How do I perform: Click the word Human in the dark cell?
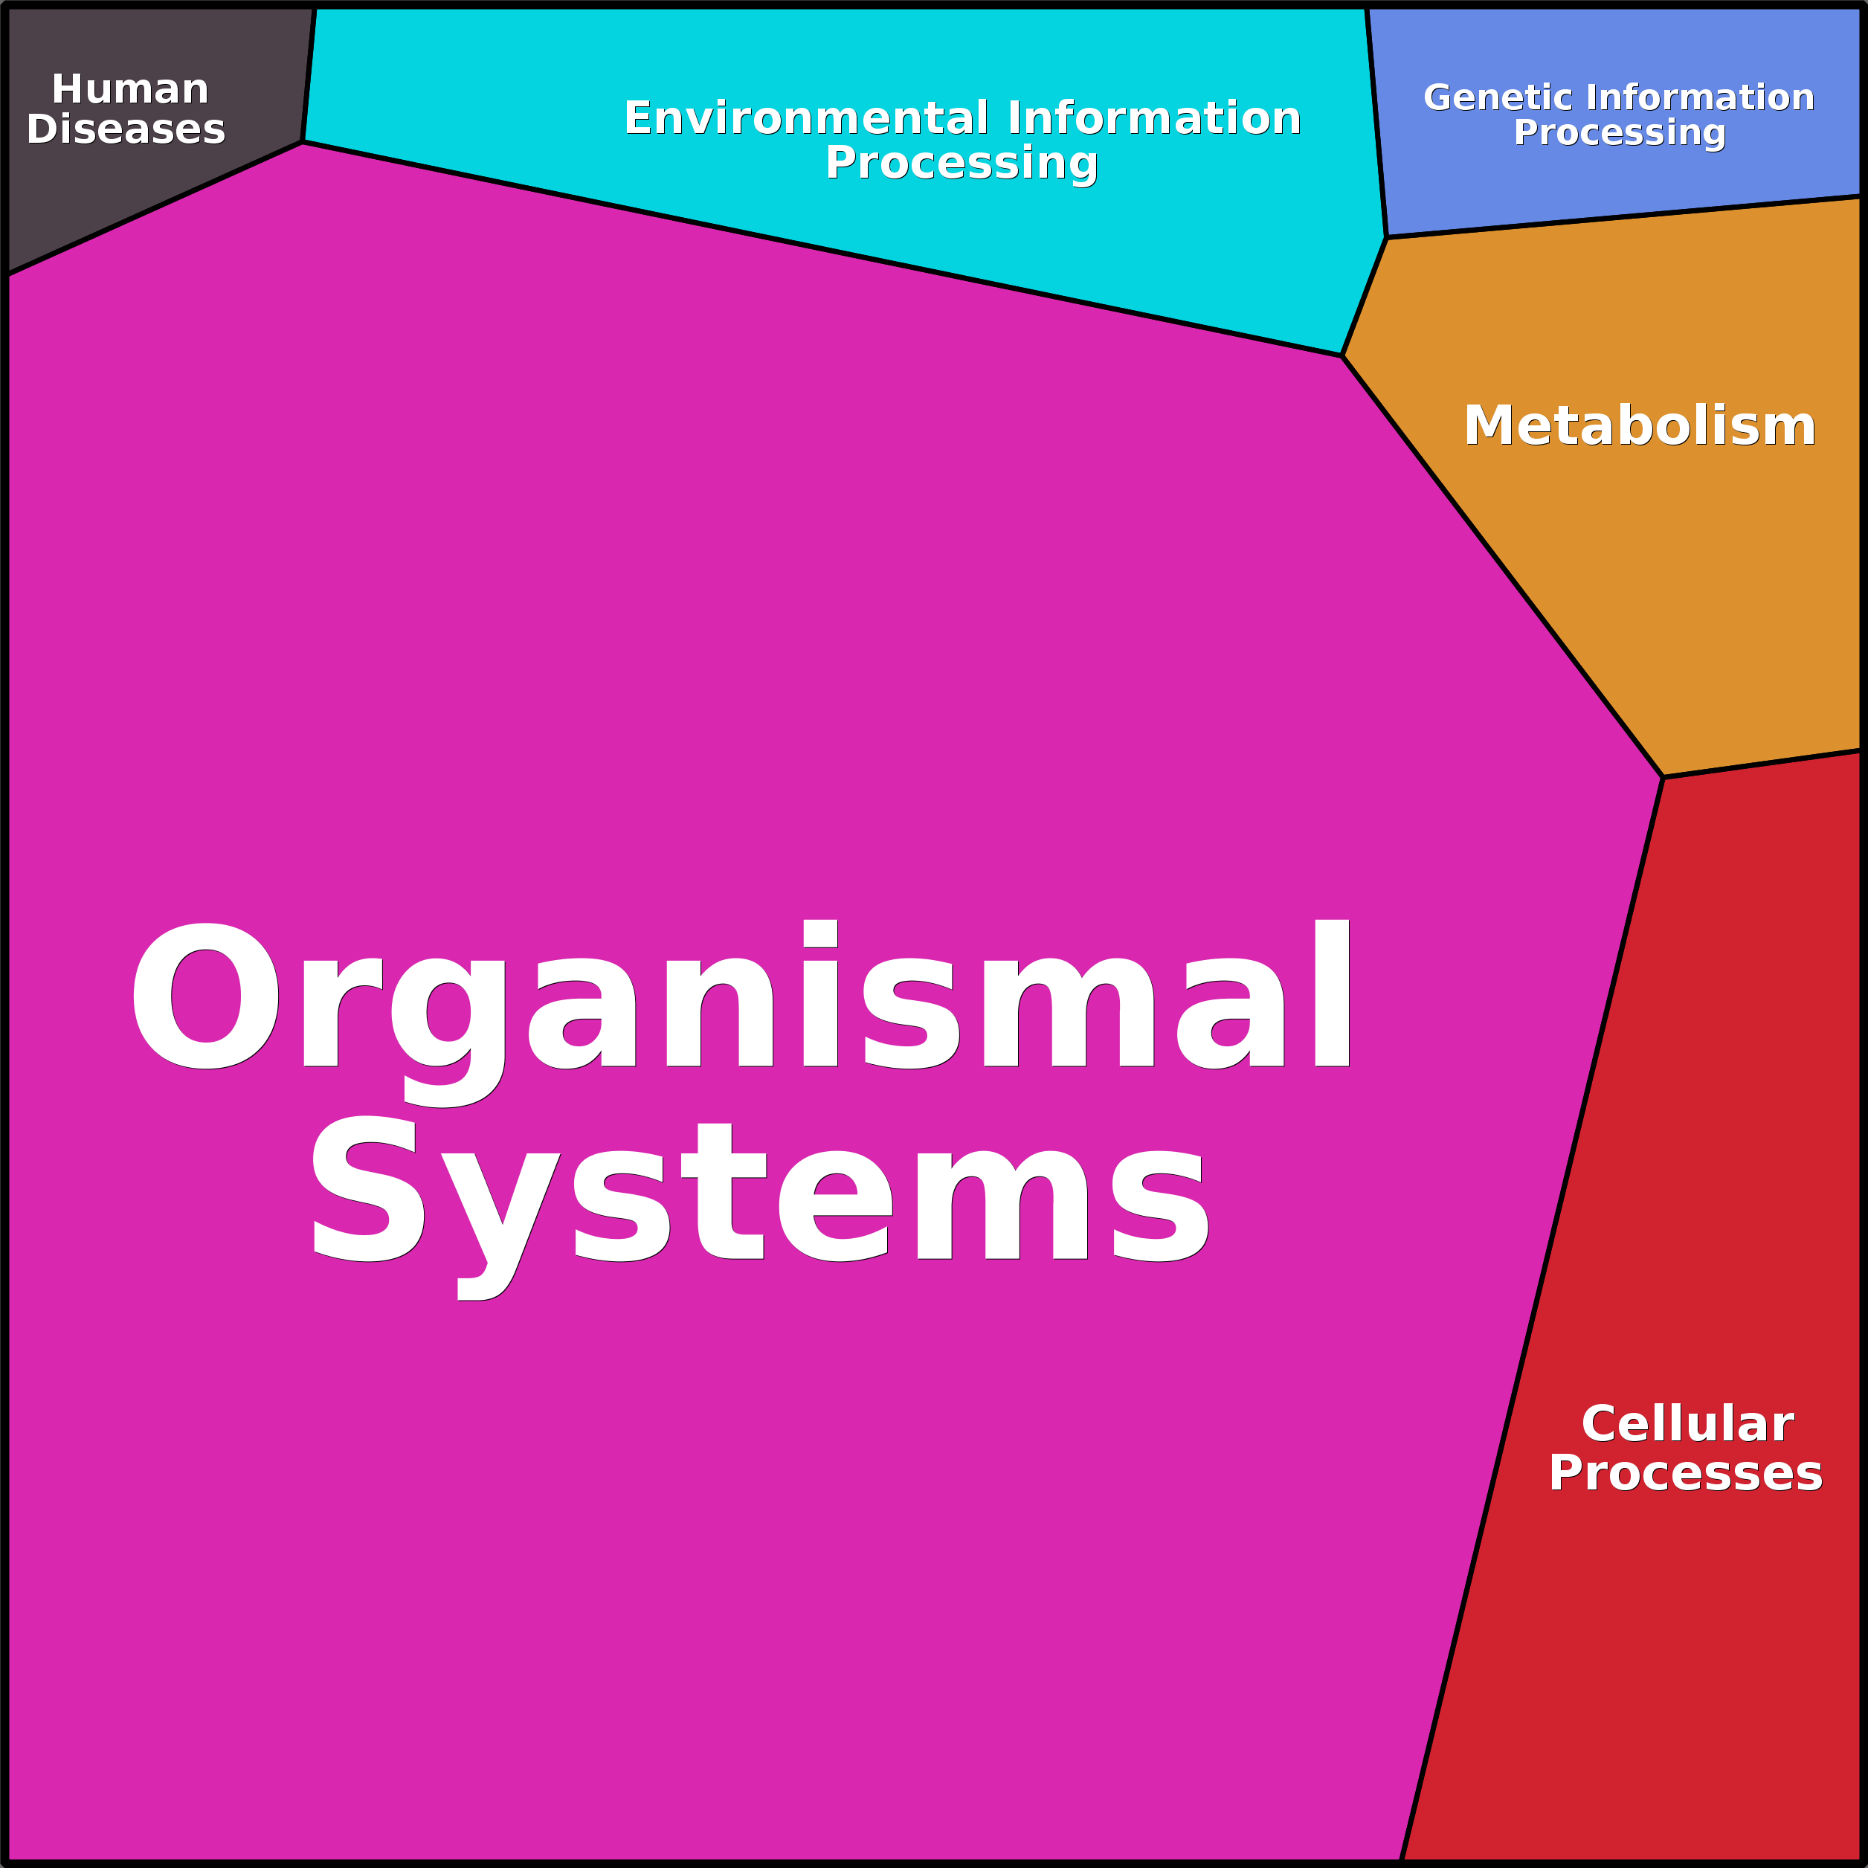(x=129, y=89)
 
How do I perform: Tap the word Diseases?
(x=126, y=129)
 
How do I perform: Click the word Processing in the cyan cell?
(x=961, y=162)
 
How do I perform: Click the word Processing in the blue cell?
(x=1619, y=132)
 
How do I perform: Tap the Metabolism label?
(x=1639, y=425)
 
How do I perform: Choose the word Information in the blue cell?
(x=1700, y=97)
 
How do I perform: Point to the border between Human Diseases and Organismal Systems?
(x=155, y=208)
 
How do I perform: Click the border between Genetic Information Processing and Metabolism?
(x=1624, y=216)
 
